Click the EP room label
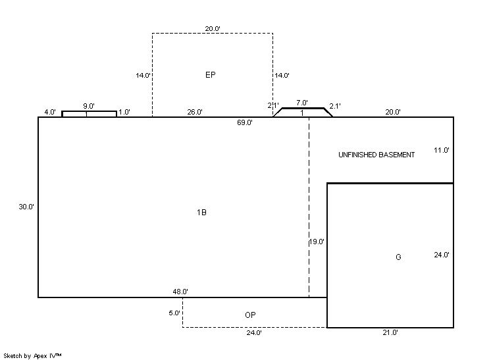[x=211, y=75]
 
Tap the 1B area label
[x=201, y=212]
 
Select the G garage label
[x=398, y=257]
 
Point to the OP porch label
[x=250, y=315]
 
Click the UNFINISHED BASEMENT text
[x=376, y=155]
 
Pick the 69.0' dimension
[x=245, y=122]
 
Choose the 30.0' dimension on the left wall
[x=26, y=207]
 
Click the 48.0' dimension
[x=180, y=292]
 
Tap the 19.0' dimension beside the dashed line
[x=317, y=242]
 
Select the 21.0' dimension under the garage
[x=390, y=332]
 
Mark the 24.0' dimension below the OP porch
[x=254, y=332]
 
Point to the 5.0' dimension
[x=174, y=313]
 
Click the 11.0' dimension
[x=442, y=150]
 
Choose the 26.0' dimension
[x=195, y=112]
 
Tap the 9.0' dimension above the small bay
[x=89, y=106]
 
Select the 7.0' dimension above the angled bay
[x=302, y=103]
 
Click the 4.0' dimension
[x=50, y=112]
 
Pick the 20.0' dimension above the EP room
[x=213, y=28]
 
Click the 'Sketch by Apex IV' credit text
[x=32, y=355]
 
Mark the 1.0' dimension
[x=124, y=112]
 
